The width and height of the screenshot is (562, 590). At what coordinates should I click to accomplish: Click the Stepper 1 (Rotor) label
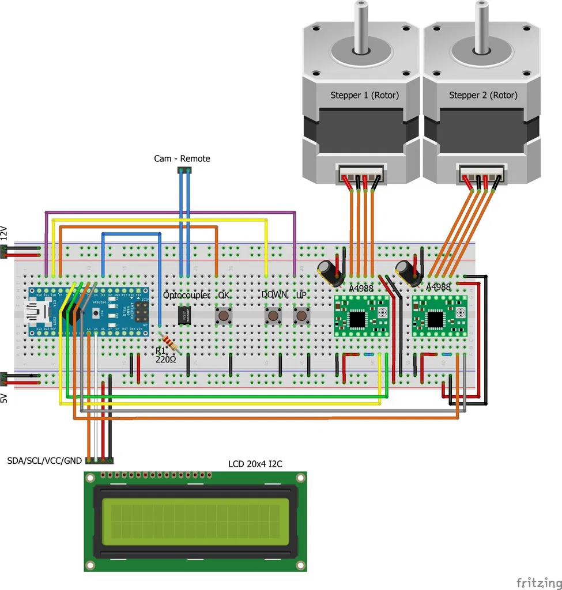click(364, 95)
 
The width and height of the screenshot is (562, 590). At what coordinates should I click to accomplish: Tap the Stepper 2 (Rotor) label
click(483, 95)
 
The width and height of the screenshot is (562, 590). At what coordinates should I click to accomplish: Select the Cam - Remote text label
click(182, 158)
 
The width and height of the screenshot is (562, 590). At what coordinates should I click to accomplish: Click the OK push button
click(223, 316)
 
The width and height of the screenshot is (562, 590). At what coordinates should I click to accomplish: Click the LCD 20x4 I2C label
click(255, 464)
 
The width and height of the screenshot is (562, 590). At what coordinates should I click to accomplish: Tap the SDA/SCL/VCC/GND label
click(45, 461)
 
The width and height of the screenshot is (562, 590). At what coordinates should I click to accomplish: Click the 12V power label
click(5, 233)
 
